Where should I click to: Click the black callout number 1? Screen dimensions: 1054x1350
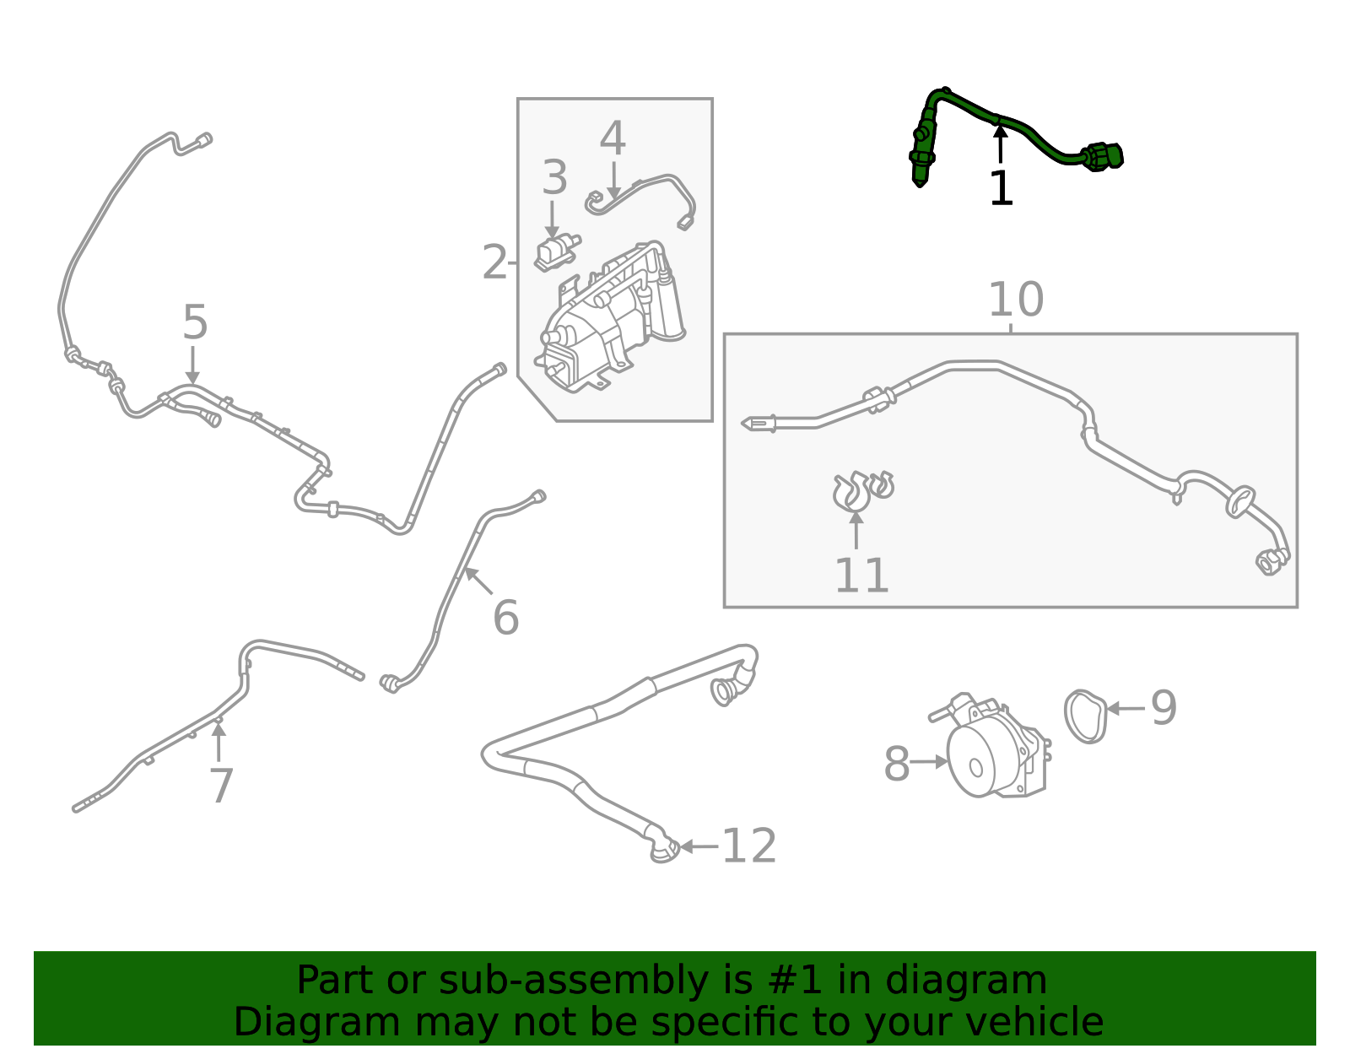1001,188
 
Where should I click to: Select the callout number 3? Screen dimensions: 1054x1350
554,178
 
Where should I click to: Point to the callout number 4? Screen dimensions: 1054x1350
613,139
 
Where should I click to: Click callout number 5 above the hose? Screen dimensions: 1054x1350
195,323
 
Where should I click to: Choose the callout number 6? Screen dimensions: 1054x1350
505,619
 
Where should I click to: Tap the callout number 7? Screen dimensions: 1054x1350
220,786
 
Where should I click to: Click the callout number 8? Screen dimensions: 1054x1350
897,765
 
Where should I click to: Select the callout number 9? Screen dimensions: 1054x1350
1164,708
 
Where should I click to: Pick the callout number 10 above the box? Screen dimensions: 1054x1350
1016,300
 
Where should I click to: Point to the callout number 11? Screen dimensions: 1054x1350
861,576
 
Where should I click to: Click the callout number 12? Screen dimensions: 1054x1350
749,846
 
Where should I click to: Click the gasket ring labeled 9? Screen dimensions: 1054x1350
1086,716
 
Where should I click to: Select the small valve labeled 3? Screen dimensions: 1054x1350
555,251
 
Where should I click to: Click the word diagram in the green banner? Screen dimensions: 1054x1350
984,981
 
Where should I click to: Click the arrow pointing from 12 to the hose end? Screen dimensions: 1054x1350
699,846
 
